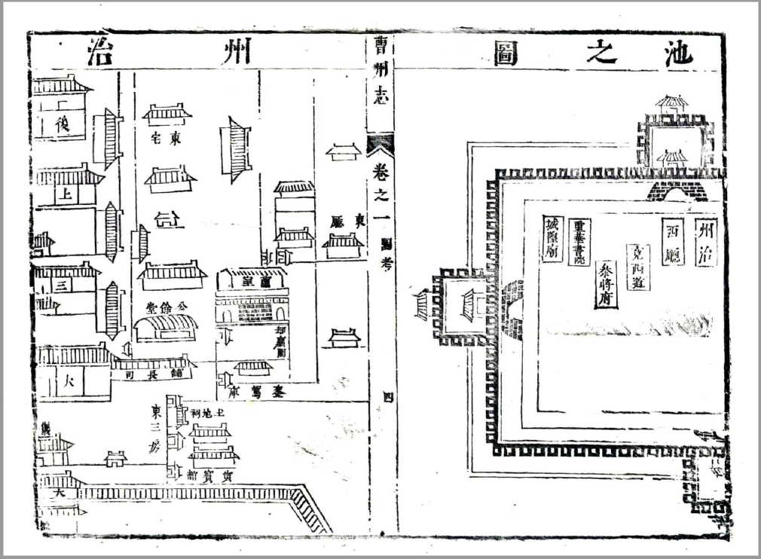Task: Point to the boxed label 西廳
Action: tap(672, 242)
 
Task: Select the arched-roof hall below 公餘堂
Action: tap(166, 327)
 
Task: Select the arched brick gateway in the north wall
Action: tap(676, 191)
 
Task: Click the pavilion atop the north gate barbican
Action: tap(672, 103)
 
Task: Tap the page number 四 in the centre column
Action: tap(388, 396)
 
